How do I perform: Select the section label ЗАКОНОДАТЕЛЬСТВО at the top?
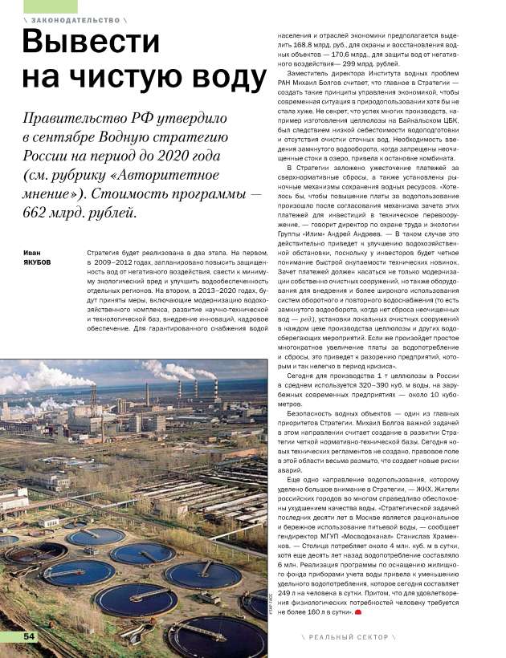click(x=71, y=19)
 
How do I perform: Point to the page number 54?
click(x=29, y=636)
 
